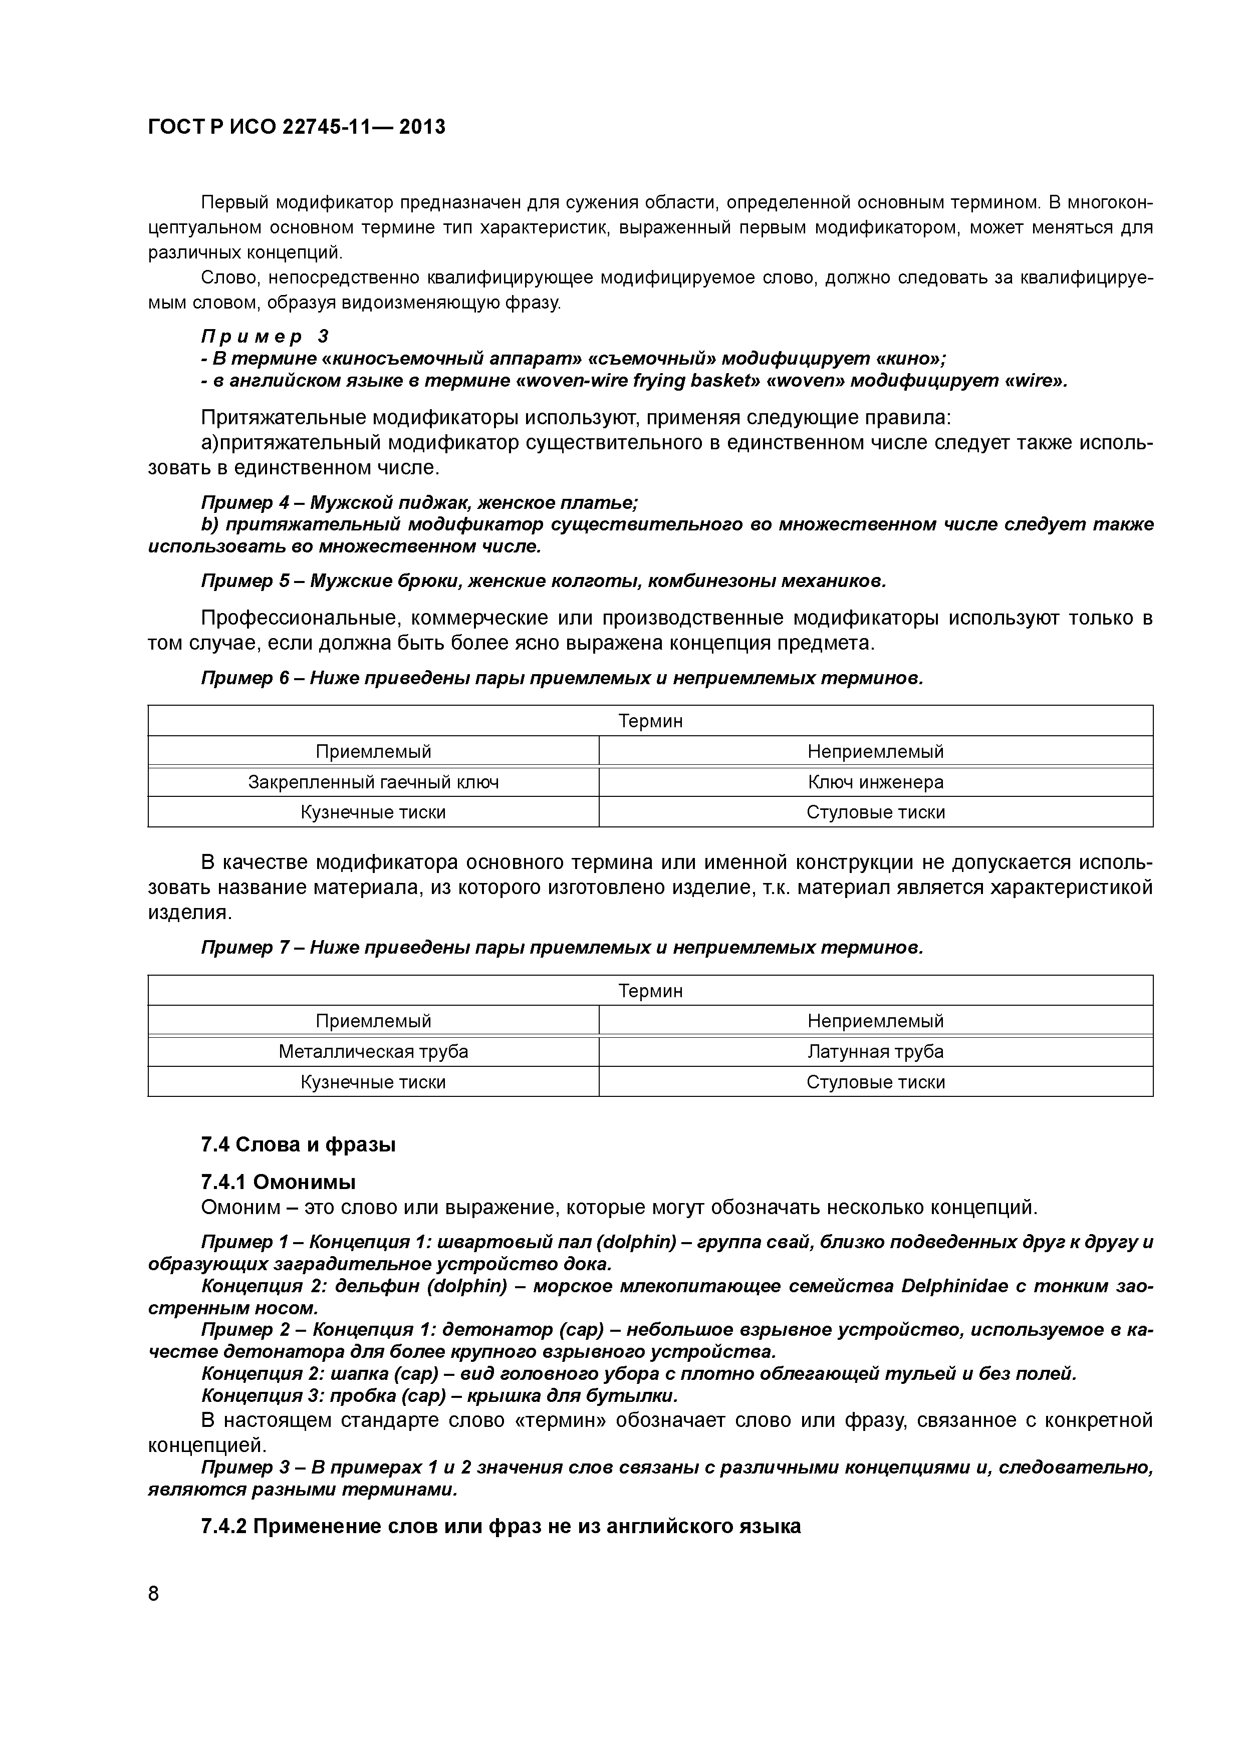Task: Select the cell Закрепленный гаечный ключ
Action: tap(373, 782)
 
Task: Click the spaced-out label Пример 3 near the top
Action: tap(265, 336)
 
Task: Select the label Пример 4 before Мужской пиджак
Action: tap(245, 503)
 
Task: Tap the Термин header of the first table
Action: tap(650, 721)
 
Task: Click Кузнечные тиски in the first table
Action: tap(373, 812)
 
